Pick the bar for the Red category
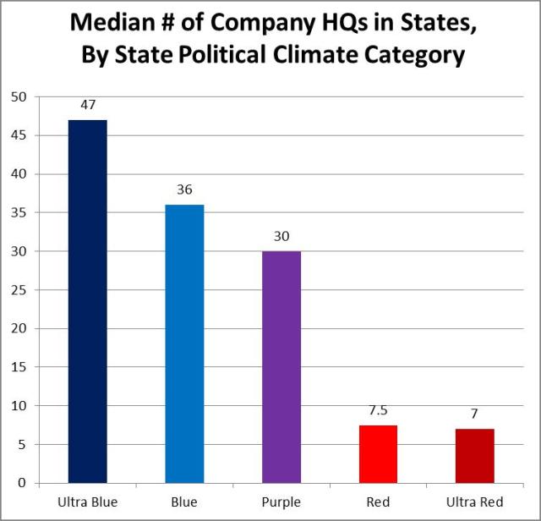pos(378,454)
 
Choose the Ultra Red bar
pos(475,456)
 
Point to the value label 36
pos(184,190)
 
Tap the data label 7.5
pos(378,412)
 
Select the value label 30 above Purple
pos(281,237)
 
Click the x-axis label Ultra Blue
pos(87,502)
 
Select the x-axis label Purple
pos(281,502)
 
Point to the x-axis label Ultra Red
pos(475,502)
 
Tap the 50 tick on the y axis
pos(18,97)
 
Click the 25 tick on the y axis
pos(18,290)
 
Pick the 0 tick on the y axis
pos(21,483)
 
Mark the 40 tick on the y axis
pos(18,174)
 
